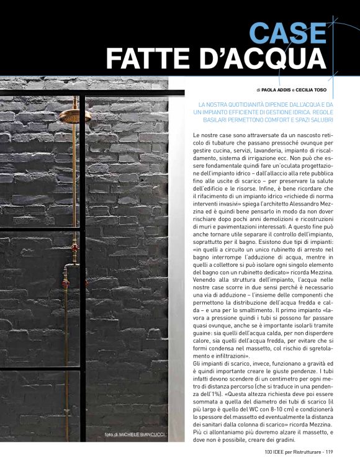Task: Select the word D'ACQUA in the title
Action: (x=259, y=60)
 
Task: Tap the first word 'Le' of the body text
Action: (x=197, y=135)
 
